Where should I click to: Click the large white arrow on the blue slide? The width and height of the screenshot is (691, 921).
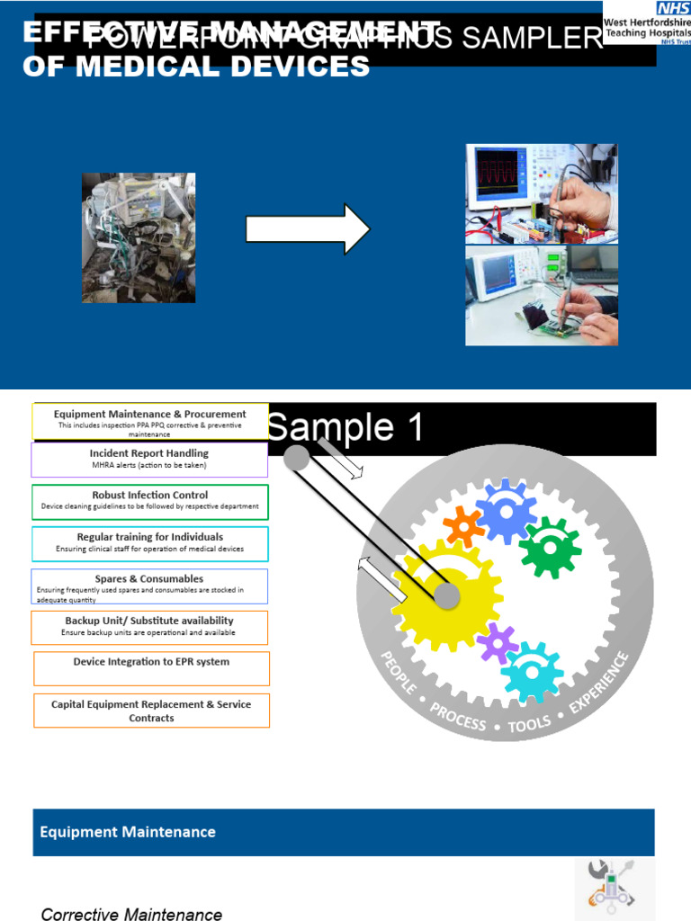coord(308,229)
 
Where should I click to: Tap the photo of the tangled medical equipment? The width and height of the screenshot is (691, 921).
coord(139,237)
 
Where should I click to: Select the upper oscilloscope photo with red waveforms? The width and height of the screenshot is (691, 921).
coord(541,193)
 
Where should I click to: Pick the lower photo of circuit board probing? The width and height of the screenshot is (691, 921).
coord(541,296)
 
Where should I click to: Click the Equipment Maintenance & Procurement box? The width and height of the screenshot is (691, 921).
coord(150,421)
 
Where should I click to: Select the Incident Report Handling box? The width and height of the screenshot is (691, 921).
coord(149,460)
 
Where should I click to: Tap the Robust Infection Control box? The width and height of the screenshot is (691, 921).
coord(150,501)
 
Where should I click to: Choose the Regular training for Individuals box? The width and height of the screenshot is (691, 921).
coord(150,543)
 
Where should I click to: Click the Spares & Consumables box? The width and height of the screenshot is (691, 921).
coord(149,586)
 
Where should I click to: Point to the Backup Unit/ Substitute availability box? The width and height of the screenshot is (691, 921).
coord(149,627)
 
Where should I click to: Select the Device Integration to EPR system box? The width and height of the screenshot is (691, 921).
coord(151,668)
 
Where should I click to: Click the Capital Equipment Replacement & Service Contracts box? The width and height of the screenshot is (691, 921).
coord(151,711)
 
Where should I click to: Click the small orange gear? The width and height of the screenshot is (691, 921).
coord(464,526)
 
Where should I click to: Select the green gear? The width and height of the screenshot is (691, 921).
coord(549,547)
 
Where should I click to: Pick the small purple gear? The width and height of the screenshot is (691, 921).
coord(497,642)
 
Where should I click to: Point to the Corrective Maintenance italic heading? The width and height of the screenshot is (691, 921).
coord(131,914)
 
